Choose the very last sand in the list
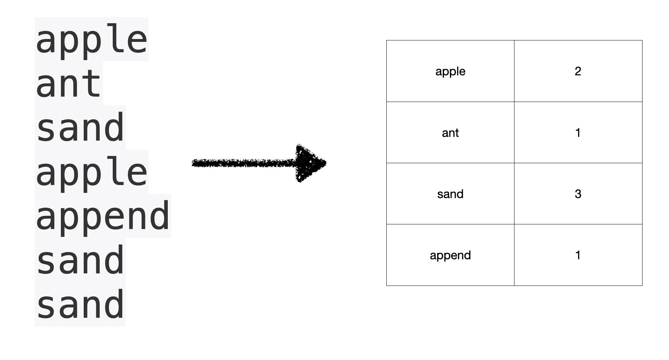pyautogui.click(x=80, y=305)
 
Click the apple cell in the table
pyautogui.click(x=450, y=72)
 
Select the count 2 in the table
pyautogui.click(x=578, y=71)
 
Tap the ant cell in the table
pyautogui.click(x=450, y=133)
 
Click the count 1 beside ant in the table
pyautogui.click(x=578, y=133)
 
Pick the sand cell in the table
pyautogui.click(x=450, y=194)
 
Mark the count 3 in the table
pyautogui.click(x=578, y=194)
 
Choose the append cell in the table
pyautogui.click(x=450, y=256)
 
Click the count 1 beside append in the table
pyautogui.click(x=578, y=255)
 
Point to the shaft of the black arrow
pyautogui.click(x=243, y=163)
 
